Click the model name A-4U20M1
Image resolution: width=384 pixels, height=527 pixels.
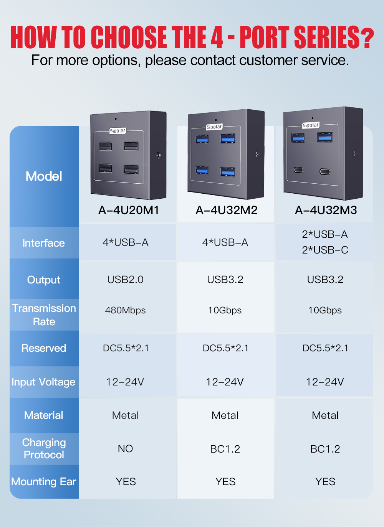[x=129, y=210]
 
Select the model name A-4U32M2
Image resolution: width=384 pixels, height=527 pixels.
[x=227, y=210]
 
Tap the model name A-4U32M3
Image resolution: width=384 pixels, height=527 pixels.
[x=326, y=210]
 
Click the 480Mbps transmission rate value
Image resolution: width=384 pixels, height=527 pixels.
[x=125, y=310]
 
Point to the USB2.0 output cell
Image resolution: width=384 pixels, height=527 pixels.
[x=125, y=280]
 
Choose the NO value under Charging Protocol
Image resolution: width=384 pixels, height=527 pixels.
[x=125, y=449]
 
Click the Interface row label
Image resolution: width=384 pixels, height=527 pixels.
[x=43, y=243]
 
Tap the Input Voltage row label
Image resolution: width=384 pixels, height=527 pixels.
[x=43, y=382]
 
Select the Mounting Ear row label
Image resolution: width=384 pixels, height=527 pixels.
[x=43, y=482]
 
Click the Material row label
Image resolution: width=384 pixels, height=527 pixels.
[x=43, y=415]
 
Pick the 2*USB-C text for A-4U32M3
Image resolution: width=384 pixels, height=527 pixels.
[x=325, y=250]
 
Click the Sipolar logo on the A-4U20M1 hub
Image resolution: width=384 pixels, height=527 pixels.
[x=118, y=130]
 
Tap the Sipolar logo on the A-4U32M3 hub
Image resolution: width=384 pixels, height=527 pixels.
[x=311, y=125]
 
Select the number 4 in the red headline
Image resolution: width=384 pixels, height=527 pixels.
[x=217, y=37]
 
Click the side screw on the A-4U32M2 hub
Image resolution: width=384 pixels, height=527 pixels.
[x=257, y=154]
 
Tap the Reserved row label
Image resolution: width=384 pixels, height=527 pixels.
[x=43, y=348]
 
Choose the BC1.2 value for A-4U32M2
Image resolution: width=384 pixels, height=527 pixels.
[x=225, y=449]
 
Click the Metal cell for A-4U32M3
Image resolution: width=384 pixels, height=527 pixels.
[x=325, y=415]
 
